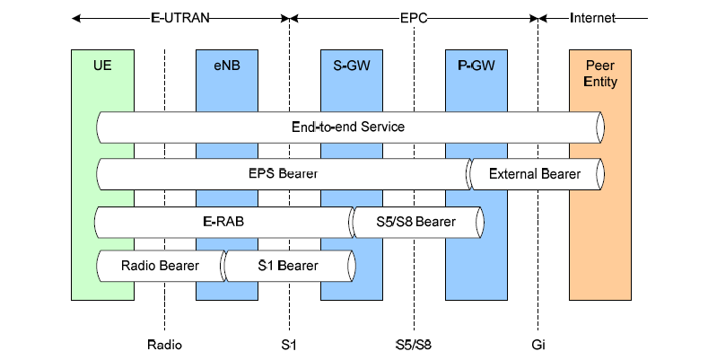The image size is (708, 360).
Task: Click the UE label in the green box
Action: click(x=101, y=66)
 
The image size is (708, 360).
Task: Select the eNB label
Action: click(x=226, y=66)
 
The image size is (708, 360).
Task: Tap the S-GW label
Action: click(x=351, y=66)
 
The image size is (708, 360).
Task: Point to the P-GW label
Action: click(x=476, y=66)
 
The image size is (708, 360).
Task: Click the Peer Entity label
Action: click(x=600, y=74)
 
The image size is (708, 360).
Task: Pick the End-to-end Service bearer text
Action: click(x=348, y=127)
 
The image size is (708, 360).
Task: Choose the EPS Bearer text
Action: click(x=284, y=173)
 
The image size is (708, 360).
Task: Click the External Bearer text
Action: click(x=534, y=173)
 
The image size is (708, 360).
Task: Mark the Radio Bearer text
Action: click(x=160, y=265)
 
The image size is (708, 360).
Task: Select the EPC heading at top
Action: click(x=414, y=16)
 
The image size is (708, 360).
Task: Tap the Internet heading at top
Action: click(x=592, y=16)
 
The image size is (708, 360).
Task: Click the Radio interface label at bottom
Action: click(x=164, y=345)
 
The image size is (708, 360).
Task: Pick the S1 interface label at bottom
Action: click(x=289, y=345)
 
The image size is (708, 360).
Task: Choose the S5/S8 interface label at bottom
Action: click(x=414, y=345)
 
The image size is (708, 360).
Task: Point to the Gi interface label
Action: click(x=538, y=345)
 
